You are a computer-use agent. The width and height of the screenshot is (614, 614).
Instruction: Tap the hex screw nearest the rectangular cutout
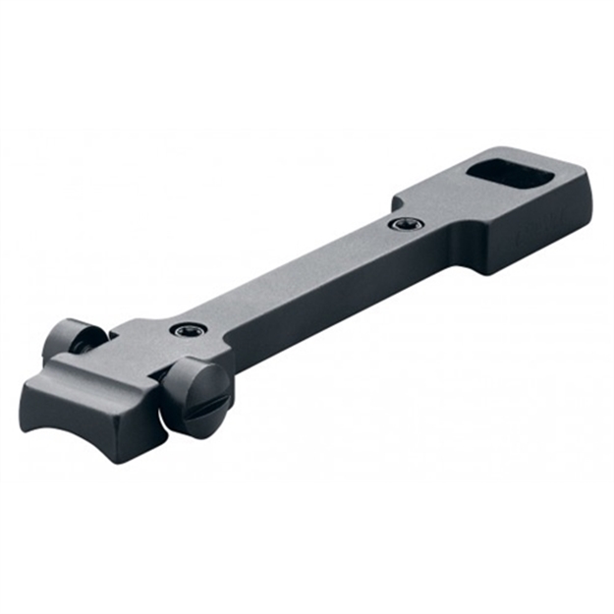(x=401, y=224)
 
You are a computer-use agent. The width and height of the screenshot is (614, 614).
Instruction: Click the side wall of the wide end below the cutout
(x=535, y=236)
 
